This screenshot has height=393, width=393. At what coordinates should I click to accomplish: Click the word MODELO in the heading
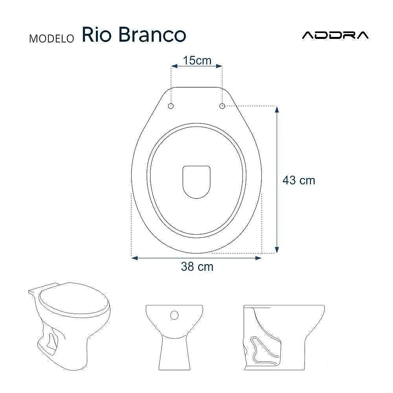[51, 39]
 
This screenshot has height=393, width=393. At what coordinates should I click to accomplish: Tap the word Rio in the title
[97, 35]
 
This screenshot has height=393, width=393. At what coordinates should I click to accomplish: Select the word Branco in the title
[152, 35]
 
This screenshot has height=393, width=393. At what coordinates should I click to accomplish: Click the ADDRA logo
[335, 35]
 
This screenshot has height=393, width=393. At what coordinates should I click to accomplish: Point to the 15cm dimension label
[197, 61]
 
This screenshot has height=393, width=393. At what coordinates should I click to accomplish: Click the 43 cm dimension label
[299, 180]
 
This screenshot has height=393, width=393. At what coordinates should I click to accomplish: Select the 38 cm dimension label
[197, 267]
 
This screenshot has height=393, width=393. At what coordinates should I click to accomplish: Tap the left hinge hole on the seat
[171, 106]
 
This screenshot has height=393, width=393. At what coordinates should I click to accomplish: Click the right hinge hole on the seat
[222, 106]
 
